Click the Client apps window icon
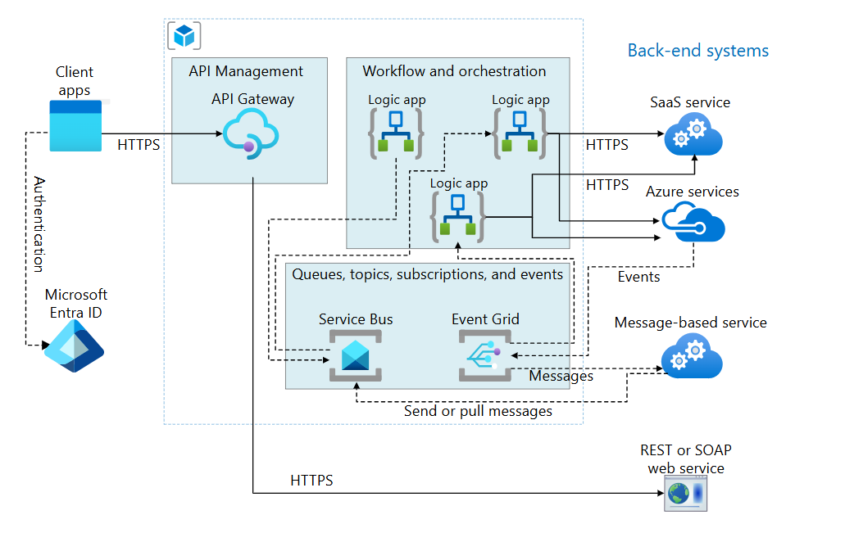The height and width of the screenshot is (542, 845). point(75,125)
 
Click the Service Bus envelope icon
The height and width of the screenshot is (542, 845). point(356,355)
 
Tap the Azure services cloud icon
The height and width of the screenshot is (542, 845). point(693,222)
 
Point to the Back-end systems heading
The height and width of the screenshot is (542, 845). point(697,51)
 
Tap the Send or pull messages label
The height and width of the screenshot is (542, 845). point(478,411)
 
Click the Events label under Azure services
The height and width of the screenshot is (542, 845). point(638,277)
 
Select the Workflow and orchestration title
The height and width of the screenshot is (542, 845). point(454,71)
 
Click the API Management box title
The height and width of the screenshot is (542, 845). point(246,71)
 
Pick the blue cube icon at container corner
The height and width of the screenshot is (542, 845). point(184,35)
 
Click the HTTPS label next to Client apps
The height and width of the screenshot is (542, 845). point(139,145)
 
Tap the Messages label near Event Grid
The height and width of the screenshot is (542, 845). point(561,377)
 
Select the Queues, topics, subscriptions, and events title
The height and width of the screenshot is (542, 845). point(428,274)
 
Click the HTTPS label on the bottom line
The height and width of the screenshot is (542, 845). point(311,481)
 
